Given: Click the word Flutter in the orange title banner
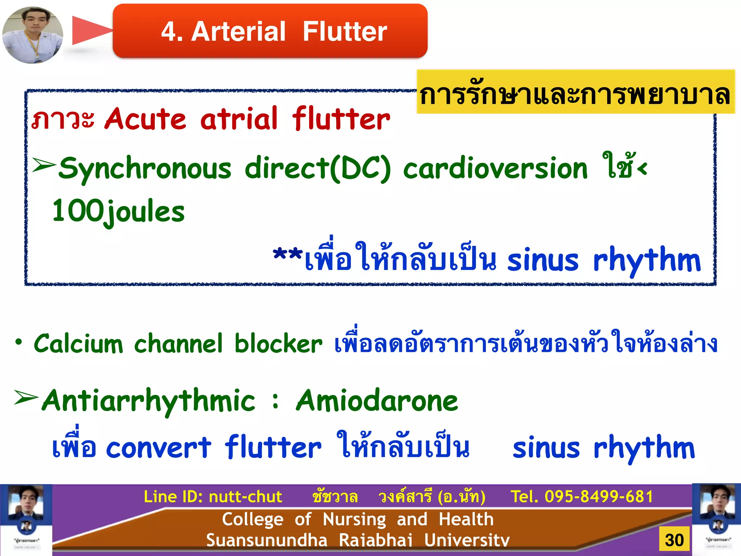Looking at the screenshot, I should click(x=344, y=31).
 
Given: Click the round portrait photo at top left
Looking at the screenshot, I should click(x=33, y=35).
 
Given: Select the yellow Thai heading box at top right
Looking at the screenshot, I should click(x=575, y=92).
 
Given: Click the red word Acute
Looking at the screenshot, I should click(x=145, y=119).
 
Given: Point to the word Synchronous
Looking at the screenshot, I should click(x=145, y=169).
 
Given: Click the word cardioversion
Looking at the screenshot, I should click(x=495, y=169).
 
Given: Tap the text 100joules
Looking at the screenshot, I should click(x=118, y=212).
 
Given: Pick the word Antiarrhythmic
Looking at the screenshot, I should click(x=149, y=401).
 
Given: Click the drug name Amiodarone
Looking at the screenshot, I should click(x=377, y=401).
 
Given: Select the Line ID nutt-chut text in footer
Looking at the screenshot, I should click(x=213, y=497).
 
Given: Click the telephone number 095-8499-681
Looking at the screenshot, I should click(x=599, y=497).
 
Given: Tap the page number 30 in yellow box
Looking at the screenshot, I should click(x=674, y=540).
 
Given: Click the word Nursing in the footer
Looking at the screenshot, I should click(x=354, y=519).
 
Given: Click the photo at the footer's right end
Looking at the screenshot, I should click(x=716, y=519).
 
